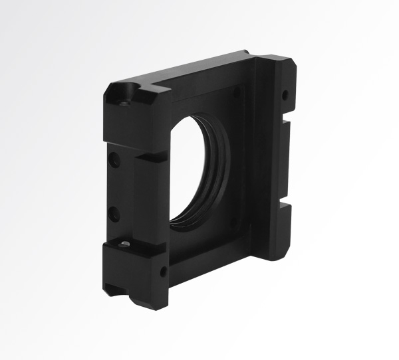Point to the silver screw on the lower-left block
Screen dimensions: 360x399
pos(123,246)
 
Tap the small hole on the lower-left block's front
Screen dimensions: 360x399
pos(163,271)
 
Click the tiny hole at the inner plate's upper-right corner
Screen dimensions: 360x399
pos(237,91)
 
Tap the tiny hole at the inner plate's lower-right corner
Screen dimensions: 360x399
pos(233,223)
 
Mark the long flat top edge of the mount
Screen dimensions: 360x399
pos(199,66)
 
